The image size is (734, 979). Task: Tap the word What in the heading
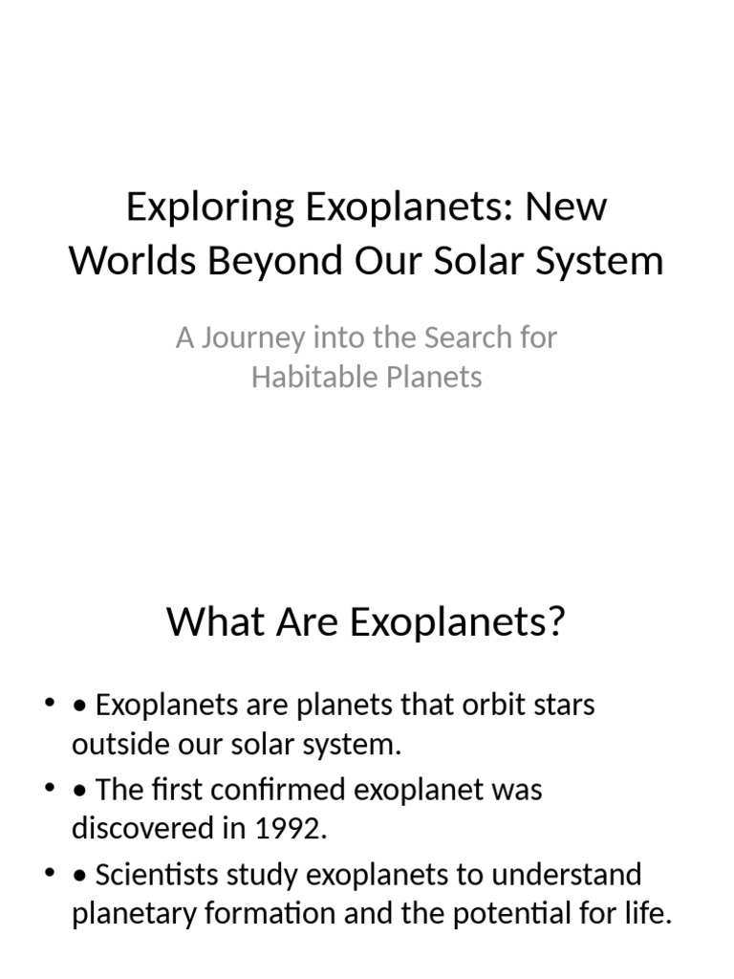pyautogui.click(x=208, y=622)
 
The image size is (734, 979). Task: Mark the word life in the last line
pyautogui.click(x=652, y=914)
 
